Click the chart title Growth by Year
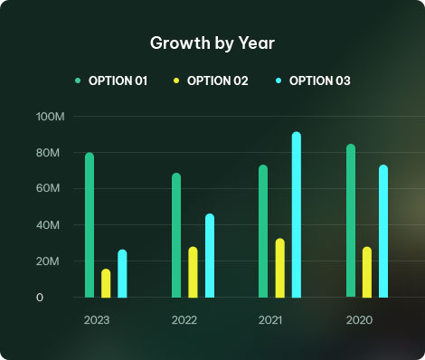point(212,43)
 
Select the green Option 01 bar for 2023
point(90,225)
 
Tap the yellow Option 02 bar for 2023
point(106,283)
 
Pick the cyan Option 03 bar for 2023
point(122,273)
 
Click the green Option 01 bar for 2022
point(176,235)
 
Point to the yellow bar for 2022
point(193,272)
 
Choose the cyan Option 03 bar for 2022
point(210,256)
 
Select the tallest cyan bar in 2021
point(297,214)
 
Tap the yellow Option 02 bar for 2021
point(280,268)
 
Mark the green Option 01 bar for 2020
point(351,221)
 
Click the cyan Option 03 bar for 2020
point(383,232)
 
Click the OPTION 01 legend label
point(118,81)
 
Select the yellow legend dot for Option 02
point(176,81)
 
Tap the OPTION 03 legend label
point(320,81)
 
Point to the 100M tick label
point(51,117)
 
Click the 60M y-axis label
point(48,188)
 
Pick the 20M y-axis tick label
point(48,261)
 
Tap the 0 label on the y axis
point(40,298)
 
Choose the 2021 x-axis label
point(270,320)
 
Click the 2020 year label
point(359,320)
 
